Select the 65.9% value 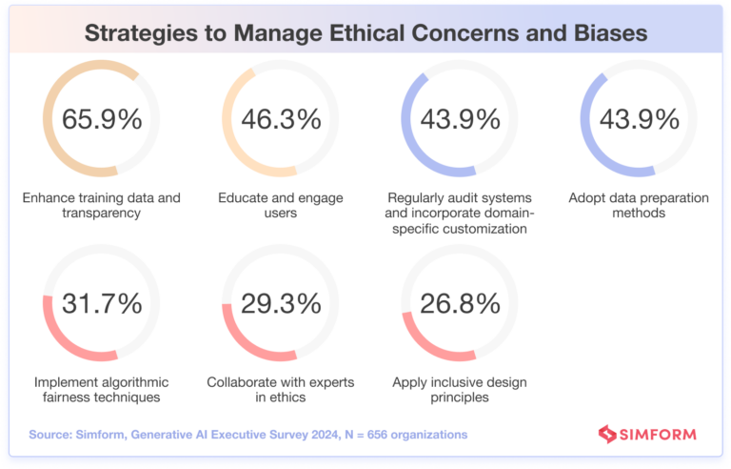coord(102,119)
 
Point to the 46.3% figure coord(281,119)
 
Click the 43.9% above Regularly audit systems coord(460,119)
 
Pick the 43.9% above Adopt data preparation coord(639,119)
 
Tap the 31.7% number coord(102,303)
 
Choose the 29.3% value coord(281,303)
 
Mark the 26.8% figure coord(460,303)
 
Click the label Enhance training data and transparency coord(102,205)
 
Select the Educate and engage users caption coord(281,205)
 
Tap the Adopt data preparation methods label coord(639,205)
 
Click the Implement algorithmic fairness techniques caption coord(102,389)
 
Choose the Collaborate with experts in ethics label coord(281,389)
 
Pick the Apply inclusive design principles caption coord(460,389)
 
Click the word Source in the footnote coord(51,435)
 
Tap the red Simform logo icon coord(607,435)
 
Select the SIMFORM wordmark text coord(658,435)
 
